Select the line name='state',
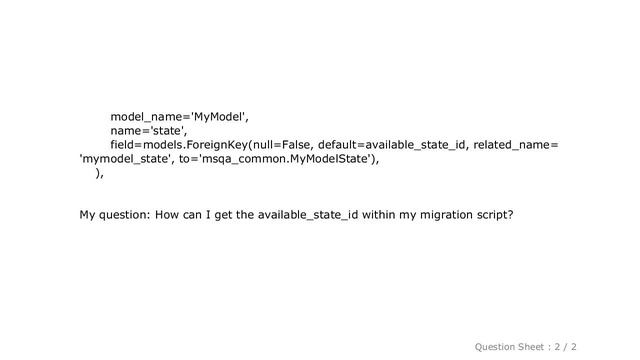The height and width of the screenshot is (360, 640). click(149, 129)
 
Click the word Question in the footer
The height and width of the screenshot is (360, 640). click(502, 345)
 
